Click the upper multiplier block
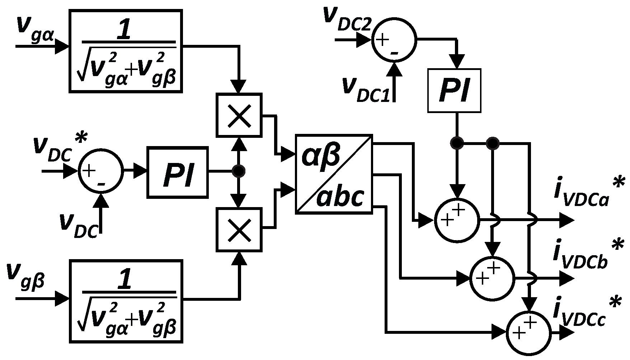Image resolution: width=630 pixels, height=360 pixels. click(239, 115)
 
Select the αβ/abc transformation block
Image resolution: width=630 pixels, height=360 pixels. click(334, 174)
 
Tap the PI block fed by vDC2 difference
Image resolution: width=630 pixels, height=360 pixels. click(454, 90)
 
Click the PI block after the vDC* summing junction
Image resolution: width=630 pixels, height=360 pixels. click(178, 172)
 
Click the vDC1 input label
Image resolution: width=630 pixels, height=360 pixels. click(366, 88)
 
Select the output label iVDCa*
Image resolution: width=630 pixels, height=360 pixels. click(588, 194)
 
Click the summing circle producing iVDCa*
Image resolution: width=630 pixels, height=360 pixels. click(457, 220)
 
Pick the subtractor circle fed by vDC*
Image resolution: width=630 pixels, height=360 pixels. click(101, 171)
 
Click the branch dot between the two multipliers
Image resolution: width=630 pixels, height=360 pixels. click(238, 171)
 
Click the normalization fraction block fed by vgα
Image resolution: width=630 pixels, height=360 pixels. click(126, 51)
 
